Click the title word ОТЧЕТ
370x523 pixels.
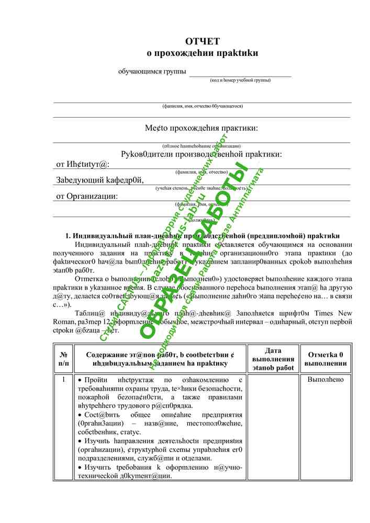click(202, 41)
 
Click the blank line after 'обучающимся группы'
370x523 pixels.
click(240, 73)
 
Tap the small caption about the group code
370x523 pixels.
click(240, 80)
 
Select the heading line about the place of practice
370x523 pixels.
click(201, 128)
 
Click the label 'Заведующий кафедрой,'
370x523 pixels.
click(99, 180)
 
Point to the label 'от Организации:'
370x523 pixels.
click(87, 197)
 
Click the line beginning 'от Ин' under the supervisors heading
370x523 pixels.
click(82, 164)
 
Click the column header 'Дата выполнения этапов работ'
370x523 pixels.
click(273, 359)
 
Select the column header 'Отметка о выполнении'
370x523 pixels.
click(326, 359)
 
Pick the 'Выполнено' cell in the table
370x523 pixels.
click(326, 380)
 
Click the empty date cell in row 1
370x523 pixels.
click(273, 426)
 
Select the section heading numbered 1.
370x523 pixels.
click(201, 236)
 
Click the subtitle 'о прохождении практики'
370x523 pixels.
click(202, 53)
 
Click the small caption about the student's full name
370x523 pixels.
click(202, 106)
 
